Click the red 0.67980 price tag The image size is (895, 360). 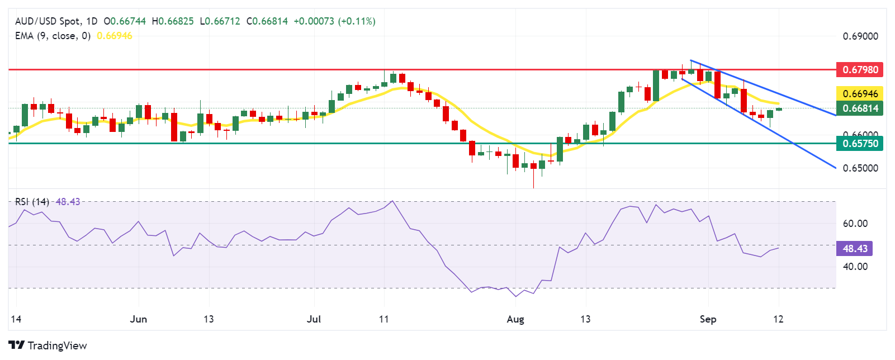tap(859, 70)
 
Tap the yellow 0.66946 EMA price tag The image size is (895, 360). tap(859, 93)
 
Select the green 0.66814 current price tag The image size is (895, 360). tap(859, 108)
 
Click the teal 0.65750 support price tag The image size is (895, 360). tap(859, 144)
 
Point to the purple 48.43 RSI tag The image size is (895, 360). tap(854, 248)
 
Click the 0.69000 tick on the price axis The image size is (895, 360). tap(860, 36)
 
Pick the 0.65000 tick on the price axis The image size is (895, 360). tap(860, 168)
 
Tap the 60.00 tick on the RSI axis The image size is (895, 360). tap(855, 224)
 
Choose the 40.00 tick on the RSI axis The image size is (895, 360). tap(855, 267)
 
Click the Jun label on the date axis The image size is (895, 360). tap(138, 319)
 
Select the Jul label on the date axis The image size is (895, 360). tap(314, 319)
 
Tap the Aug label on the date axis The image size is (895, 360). tap(515, 319)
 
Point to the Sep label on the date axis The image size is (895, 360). tap(708, 319)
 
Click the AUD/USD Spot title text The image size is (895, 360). tap(48, 21)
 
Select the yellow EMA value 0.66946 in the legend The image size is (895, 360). tap(115, 36)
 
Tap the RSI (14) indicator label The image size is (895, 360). tap(32, 202)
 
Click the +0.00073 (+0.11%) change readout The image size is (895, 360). tap(334, 21)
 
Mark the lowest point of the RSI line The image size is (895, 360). tap(515, 296)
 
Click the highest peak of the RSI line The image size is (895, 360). tap(393, 201)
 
